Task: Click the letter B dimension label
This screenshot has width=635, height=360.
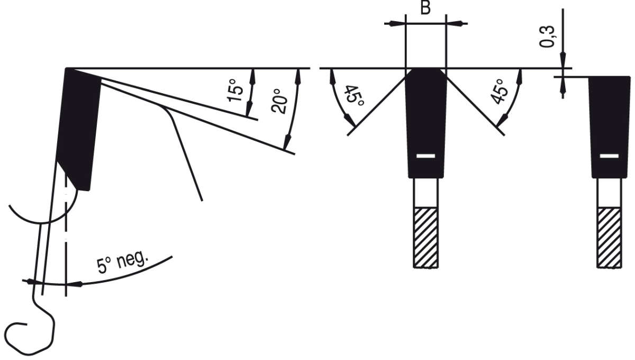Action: (x=425, y=10)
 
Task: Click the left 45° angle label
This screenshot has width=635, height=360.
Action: (x=352, y=95)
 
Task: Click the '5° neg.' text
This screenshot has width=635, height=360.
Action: (x=124, y=262)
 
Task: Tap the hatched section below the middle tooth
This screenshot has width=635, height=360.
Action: (x=425, y=237)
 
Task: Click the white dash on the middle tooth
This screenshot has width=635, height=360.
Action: (x=425, y=156)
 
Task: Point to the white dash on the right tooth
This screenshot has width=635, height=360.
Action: (x=609, y=156)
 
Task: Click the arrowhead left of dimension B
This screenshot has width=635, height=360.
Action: (x=393, y=23)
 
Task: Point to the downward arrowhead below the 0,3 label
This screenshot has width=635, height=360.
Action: (x=563, y=59)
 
